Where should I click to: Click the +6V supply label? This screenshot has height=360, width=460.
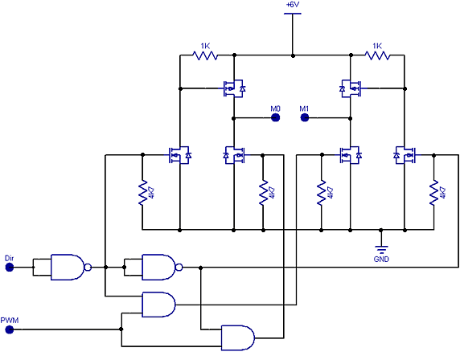pos(293,5)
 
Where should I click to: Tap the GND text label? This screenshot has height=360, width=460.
pos(381,260)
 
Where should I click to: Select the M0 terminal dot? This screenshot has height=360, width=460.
pos(275,118)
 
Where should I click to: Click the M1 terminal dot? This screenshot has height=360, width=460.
pos(305,118)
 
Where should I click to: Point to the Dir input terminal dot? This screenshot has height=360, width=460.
pos(10,268)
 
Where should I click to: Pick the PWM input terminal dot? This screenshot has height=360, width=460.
pos(10,329)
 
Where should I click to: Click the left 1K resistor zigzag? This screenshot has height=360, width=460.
pos(205,55)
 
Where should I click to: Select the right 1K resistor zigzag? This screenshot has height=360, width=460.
pos(377,55)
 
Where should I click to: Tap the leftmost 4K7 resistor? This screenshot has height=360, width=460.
pos(143,193)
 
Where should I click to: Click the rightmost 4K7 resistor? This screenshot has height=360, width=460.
pos(434,193)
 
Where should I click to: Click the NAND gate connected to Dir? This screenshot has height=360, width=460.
pos(71,267)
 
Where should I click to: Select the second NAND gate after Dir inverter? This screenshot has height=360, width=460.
pos(162,267)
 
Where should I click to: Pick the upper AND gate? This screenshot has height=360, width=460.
pos(158,305)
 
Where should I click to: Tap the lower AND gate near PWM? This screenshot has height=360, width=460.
pos(238,337)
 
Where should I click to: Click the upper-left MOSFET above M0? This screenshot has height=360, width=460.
pos(233,88)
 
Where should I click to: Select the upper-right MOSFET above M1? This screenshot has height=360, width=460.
pos(351,88)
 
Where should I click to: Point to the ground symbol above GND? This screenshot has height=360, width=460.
pos(381,249)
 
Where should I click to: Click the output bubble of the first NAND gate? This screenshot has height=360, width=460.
pos(88,267)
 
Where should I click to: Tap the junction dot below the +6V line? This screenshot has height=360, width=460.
pos(293,55)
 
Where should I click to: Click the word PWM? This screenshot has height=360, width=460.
pos(10,320)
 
